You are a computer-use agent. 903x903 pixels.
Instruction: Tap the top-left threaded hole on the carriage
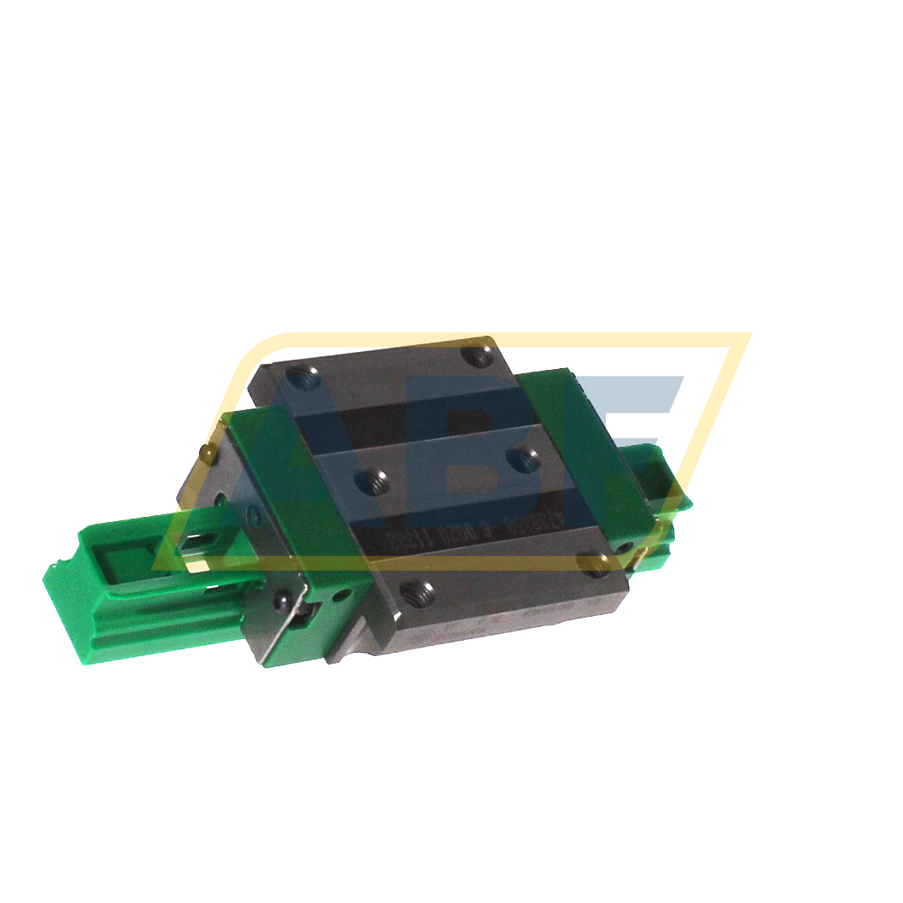(x=298, y=373)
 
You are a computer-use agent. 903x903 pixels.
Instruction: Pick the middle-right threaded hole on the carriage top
(x=520, y=460)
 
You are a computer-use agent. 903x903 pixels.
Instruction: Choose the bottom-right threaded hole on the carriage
(x=590, y=561)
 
